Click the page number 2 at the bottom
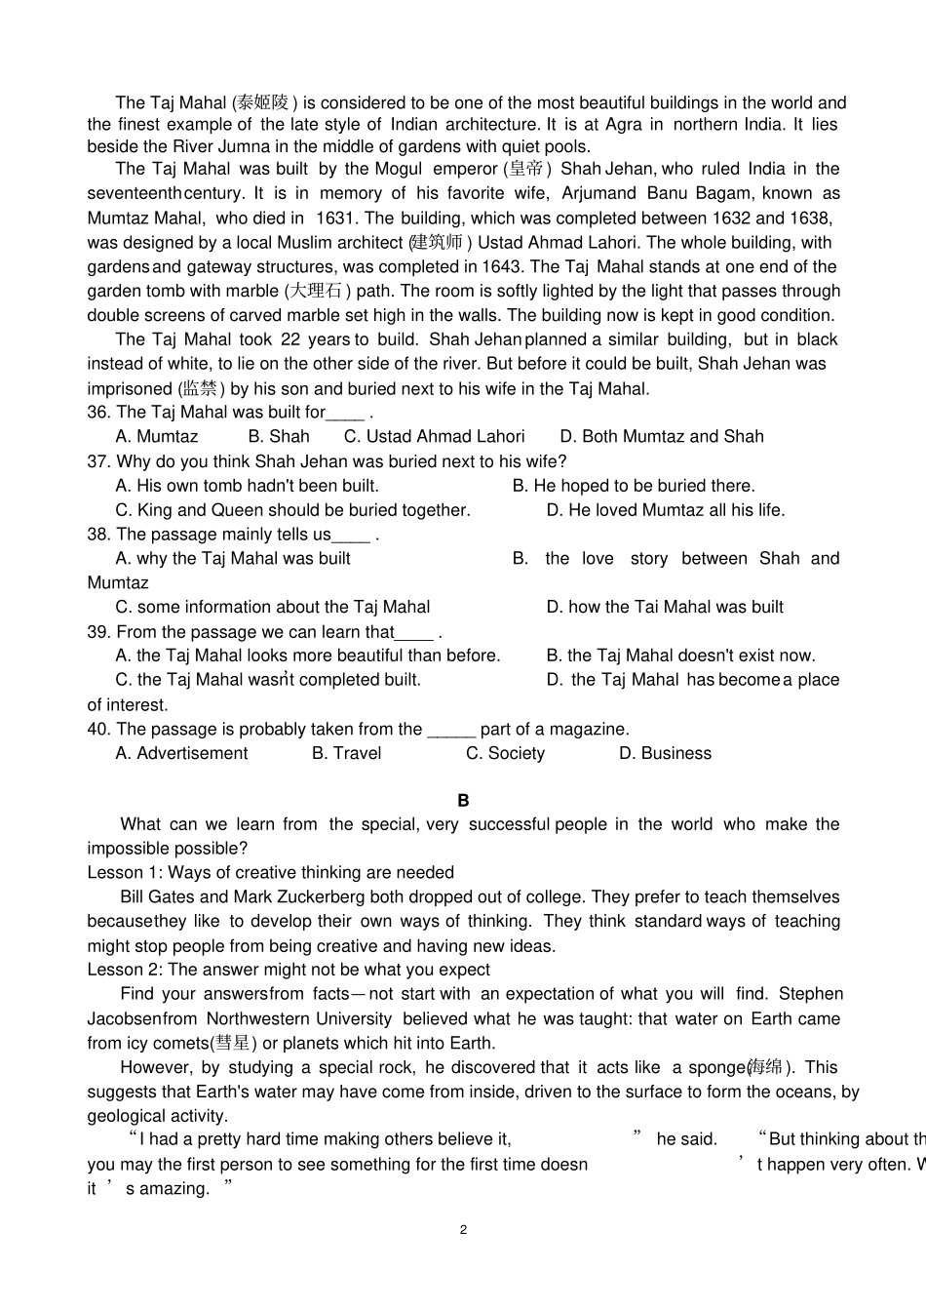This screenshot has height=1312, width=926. (x=463, y=1229)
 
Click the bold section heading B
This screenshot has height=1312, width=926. (x=463, y=800)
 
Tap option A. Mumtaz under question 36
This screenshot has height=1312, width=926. (x=157, y=437)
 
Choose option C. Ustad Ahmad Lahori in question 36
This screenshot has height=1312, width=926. (x=434, y=437)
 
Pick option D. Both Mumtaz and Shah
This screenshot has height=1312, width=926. (x=662, y=437)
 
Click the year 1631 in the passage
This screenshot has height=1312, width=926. (x=336, y=218)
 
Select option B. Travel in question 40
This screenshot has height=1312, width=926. (x=346, y=753)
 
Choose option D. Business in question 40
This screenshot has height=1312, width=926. (x=665, y=753)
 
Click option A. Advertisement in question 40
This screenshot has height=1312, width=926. (x=181, y=753)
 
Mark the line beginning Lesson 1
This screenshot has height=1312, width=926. (x=270, y=872)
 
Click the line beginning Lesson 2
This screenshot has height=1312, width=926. (x=289, y=970)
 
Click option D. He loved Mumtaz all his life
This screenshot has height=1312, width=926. (x=665, y=510)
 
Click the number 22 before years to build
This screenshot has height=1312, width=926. (x=290, y=339)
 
